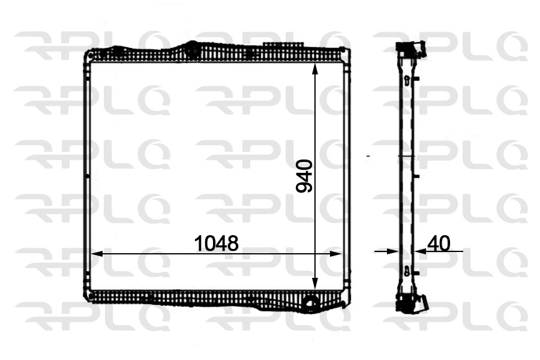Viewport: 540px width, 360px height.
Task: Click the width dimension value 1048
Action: pos(217,243)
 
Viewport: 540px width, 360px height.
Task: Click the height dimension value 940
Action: pos(305,175)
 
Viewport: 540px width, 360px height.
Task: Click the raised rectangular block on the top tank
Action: pos(283,46)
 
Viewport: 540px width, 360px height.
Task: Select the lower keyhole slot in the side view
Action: pos(407,271)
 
